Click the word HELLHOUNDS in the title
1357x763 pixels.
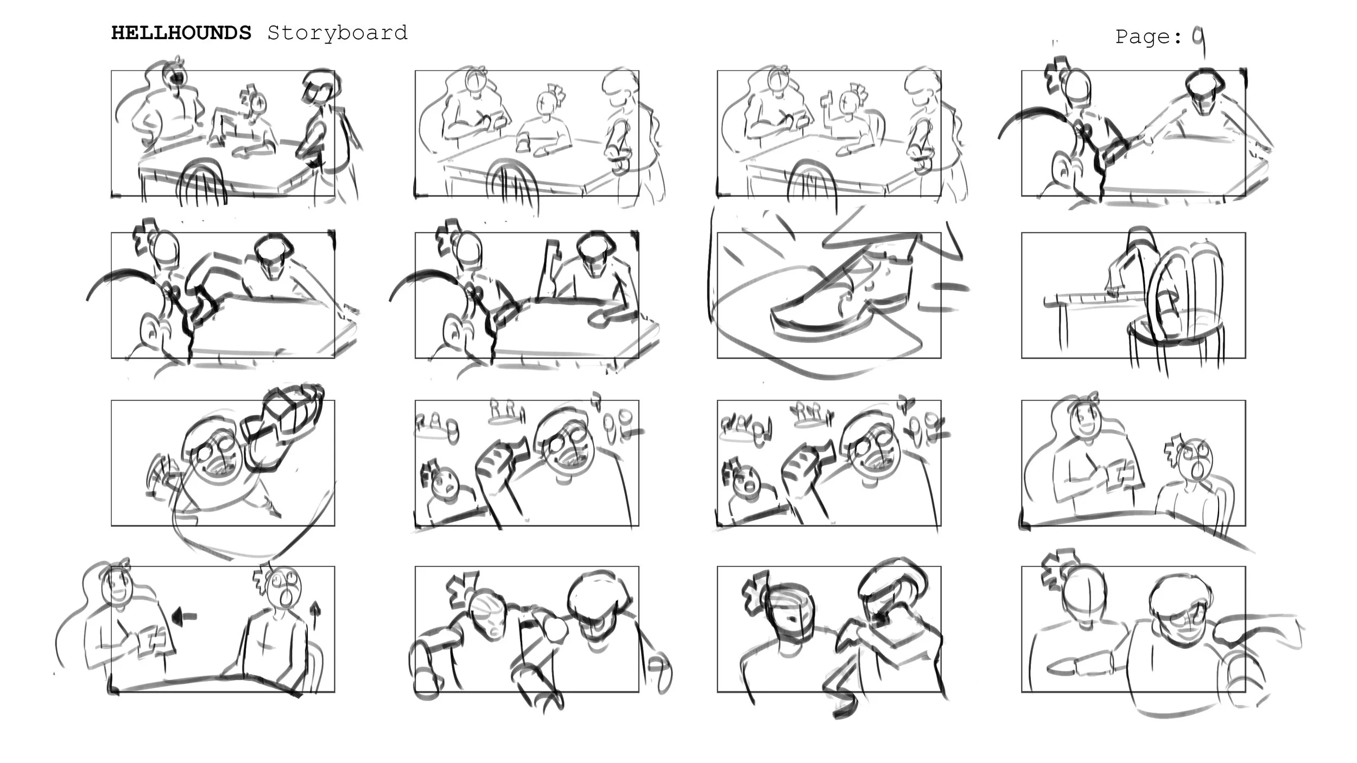181,33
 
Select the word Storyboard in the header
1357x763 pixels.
337,33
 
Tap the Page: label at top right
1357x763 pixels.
1149,37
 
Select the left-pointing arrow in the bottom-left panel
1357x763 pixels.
184,616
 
